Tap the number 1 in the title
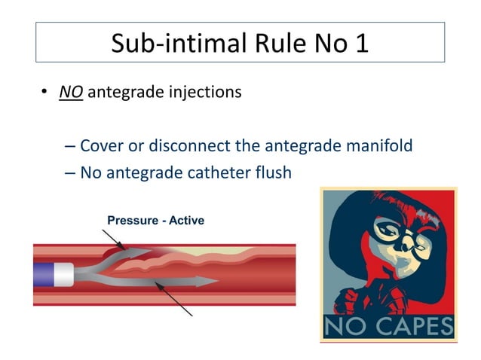361,43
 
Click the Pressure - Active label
155,221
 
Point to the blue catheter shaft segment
43,273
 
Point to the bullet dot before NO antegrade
44,93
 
